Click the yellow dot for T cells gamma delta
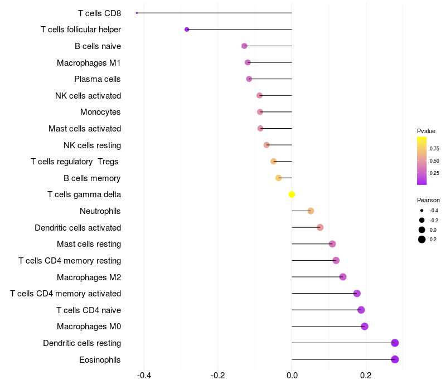[292, 194]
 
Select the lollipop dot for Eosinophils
[395, 359]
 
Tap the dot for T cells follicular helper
[187, 30]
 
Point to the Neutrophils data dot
[311, 211]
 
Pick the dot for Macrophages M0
[365, 326]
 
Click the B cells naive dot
[244, 46]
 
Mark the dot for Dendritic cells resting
[395, 343]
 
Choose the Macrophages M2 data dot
[343, 277]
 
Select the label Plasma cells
[98, 79]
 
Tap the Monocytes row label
[100, 112]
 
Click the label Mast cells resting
[89, 244]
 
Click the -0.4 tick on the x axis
[144, 375]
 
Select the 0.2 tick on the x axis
[366, 375]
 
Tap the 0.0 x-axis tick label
[292, 375]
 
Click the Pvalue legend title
[426, 131]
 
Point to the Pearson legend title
[428, 200]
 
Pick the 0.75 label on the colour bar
[434, 149]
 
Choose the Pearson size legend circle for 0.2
[422, 240]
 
